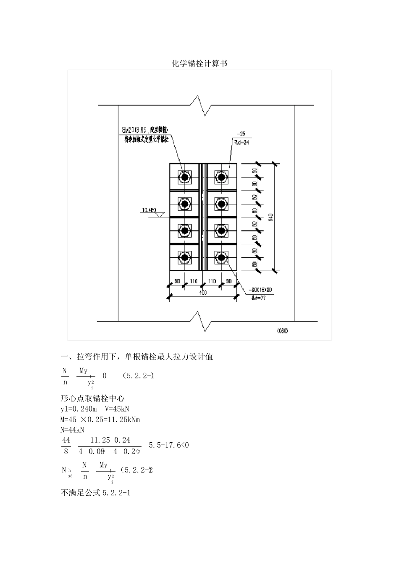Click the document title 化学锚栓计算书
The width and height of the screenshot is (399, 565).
tap(199, 63)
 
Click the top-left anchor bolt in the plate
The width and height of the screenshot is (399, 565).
tap(184, 177)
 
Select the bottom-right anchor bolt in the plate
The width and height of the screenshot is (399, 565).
tap(221, 257)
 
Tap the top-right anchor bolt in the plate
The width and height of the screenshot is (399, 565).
tap(221, 177)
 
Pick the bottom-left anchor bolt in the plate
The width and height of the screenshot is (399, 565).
tap(184, 257)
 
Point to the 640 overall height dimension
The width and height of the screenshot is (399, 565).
tap(271, 217)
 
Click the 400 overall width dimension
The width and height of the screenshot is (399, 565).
tap(203, 293)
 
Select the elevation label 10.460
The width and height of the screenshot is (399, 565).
tap(149, 209)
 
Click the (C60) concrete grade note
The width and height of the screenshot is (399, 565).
tap(282, 330)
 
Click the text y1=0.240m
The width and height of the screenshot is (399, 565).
tap(79, 409)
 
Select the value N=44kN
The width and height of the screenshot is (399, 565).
tap(73, 430)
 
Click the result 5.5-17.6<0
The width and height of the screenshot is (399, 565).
tap(169, 445)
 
